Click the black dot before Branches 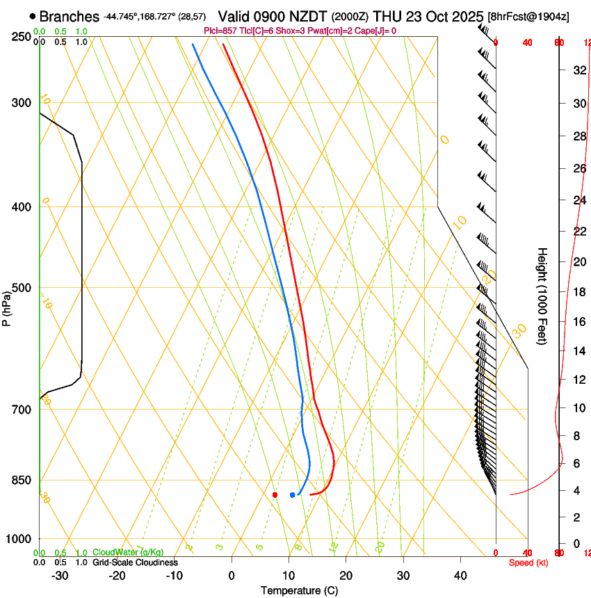(33, 16)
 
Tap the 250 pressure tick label (21, 36)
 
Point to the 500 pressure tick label (21, 288)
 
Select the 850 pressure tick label (21, 480)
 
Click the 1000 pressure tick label (18, 539)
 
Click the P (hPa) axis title (6, 306)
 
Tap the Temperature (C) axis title (299, 590)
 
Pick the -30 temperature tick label (60, 576)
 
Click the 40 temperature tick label (460, 576)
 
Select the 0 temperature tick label (232, 576)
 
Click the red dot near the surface (275, 495)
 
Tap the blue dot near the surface (292, 495)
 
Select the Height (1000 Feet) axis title (542, 296)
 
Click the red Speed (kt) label (528, 563)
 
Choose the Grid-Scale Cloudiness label (134, 562)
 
